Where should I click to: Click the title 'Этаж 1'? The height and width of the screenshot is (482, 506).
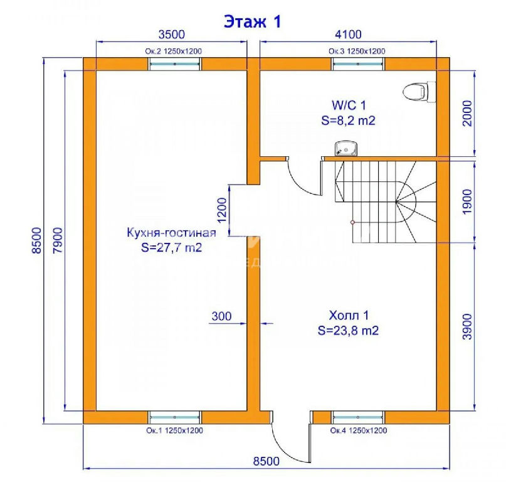(x=253, y=21)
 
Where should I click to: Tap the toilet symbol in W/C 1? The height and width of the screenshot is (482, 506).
(x=419, y=92)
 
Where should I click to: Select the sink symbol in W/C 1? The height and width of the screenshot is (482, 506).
(x=345, y=148)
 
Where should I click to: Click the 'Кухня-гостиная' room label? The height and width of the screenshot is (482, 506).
(x=171, y=232)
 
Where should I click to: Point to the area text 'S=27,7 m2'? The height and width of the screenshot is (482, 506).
(x=171, y=247)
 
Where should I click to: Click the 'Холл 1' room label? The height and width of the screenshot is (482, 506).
(x=349, y=315)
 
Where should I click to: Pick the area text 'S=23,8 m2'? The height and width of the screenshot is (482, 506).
(x=348, y=331)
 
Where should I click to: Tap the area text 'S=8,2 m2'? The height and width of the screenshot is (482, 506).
(x=349, y=120)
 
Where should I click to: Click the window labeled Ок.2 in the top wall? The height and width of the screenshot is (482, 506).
(x=175, y=64)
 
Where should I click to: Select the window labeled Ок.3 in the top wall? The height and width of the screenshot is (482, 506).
(x=358, y=64)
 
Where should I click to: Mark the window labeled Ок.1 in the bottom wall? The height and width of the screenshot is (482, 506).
(x=174, y=417)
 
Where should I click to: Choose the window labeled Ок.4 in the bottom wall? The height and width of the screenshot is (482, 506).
(x=358, y=417)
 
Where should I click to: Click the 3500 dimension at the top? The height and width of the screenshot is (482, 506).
(x=172, y=35)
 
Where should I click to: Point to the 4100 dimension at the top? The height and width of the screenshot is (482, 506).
(x=348, y=35)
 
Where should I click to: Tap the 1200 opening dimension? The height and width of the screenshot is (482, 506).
(x=223, y=210)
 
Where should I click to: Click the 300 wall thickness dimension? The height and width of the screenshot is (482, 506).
(x=221, y=316)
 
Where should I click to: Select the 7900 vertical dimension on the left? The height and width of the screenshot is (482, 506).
(x=58, y=240)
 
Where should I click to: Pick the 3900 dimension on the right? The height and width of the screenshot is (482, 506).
(x=467, y=326)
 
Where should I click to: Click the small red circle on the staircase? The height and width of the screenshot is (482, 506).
(x=352, y=222)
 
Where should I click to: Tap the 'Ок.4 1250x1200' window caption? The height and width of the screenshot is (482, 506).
(x=359, y=431)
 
